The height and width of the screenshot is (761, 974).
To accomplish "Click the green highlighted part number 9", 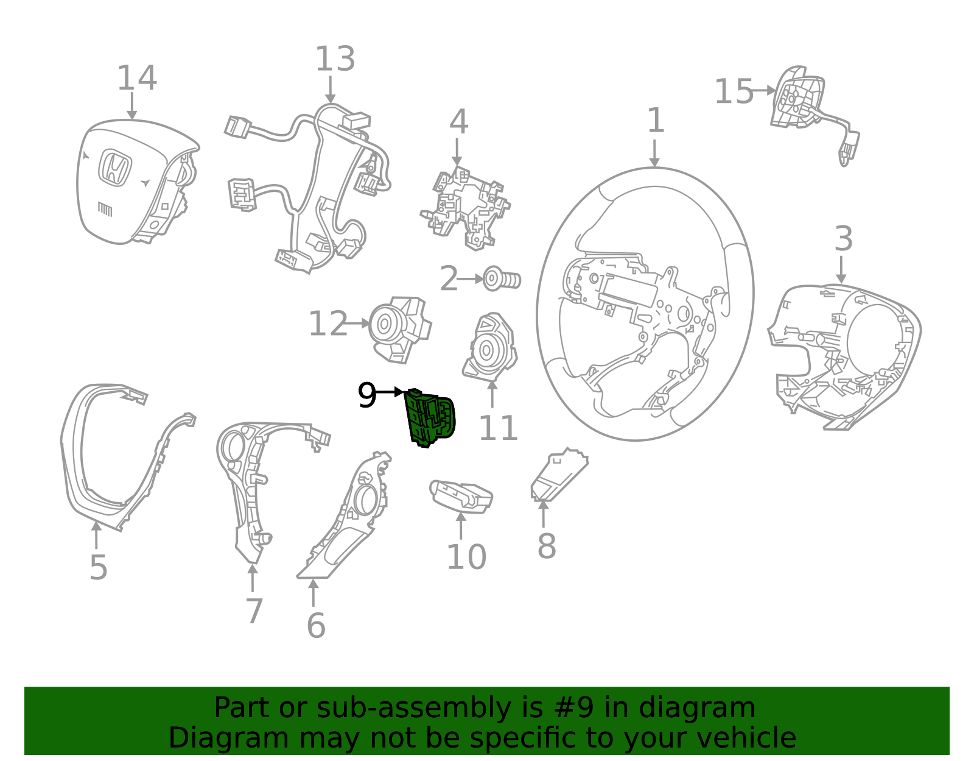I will [430, 418].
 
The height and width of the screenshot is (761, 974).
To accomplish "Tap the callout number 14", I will [136, 79].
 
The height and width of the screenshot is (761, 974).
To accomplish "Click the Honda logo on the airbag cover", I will [116, 168].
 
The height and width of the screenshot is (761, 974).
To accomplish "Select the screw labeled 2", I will [502, 279].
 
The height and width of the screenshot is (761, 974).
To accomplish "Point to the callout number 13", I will [334, 60].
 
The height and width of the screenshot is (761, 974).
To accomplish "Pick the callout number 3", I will [843, 239].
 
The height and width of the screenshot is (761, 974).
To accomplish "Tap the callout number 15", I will [733, 92].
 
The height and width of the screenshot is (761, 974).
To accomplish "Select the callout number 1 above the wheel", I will [655, 121].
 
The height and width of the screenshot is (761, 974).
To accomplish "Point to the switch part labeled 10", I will [461, 495].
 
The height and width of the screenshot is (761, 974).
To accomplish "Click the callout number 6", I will [315, 626].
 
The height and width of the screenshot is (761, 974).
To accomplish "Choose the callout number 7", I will [254, 611].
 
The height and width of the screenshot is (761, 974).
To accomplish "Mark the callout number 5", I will [98, 568].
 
